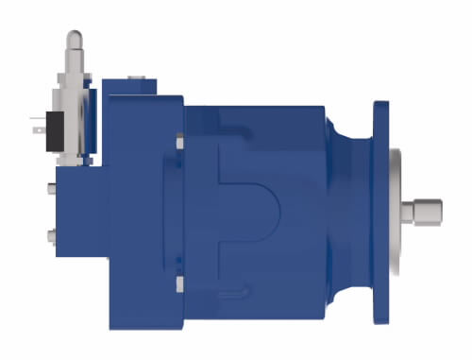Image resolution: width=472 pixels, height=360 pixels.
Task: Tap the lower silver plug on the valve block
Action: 47,233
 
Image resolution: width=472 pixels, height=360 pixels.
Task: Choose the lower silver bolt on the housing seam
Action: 178,282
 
